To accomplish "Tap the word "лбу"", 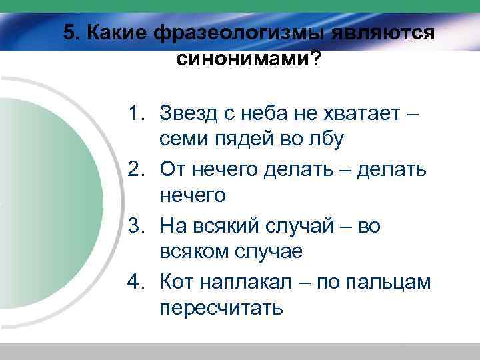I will pos(329,141).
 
